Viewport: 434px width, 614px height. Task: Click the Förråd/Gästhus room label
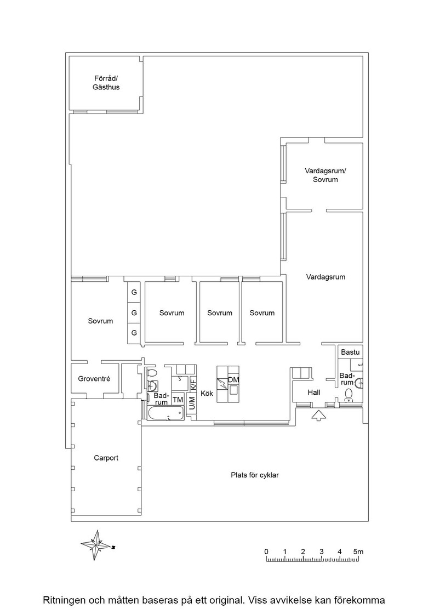[106, 83]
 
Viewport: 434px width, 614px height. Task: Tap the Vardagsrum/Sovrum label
[325, 175]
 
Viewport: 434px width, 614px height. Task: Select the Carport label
[106, 458]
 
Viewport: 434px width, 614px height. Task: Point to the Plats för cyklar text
[255, 475]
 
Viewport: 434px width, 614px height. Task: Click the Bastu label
[350, 352]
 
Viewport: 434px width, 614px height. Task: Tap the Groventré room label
[94, 379]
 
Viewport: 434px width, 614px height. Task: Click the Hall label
[314, 393]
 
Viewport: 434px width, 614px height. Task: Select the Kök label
[207, 393]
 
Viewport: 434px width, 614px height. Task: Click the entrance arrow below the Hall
[318, 415]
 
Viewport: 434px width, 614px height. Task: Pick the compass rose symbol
[96, 545]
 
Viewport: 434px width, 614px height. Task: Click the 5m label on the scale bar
[358, 552]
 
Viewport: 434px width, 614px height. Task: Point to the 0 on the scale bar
[266, 552]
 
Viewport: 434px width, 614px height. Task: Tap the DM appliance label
[233, 380]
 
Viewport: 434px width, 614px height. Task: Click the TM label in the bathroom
[178, 400]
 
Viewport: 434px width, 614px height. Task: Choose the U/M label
[192, 403]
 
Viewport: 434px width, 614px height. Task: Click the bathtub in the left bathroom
[165, 413]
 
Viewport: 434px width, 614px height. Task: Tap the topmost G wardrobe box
[134, 292]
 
